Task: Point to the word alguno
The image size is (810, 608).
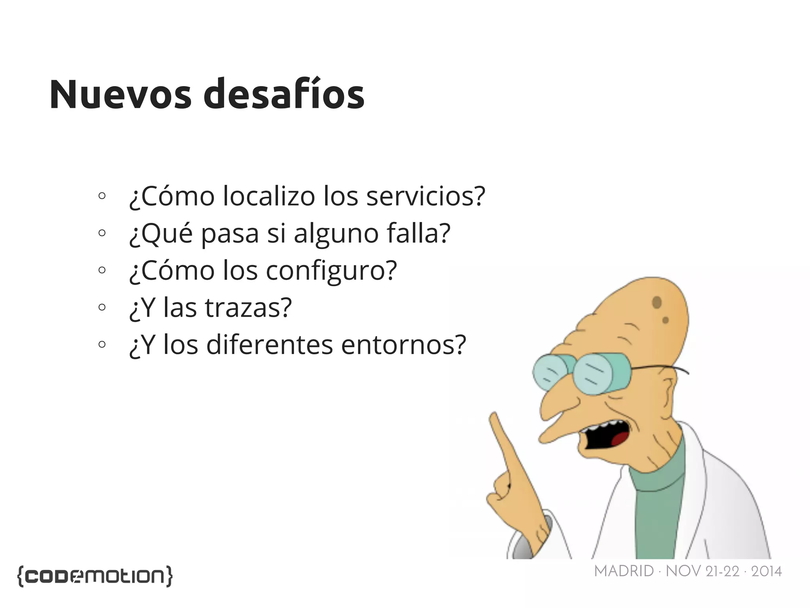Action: coord(336,234)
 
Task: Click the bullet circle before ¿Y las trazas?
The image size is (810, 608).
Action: coord(102,307)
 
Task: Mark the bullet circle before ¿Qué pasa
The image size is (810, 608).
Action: coord(102,233)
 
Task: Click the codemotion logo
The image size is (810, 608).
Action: coord(95,576)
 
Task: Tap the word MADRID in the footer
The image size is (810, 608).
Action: coord(624,571)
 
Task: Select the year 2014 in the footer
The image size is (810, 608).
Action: coord(766,572)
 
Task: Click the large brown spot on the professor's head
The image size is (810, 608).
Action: coord(657,302)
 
